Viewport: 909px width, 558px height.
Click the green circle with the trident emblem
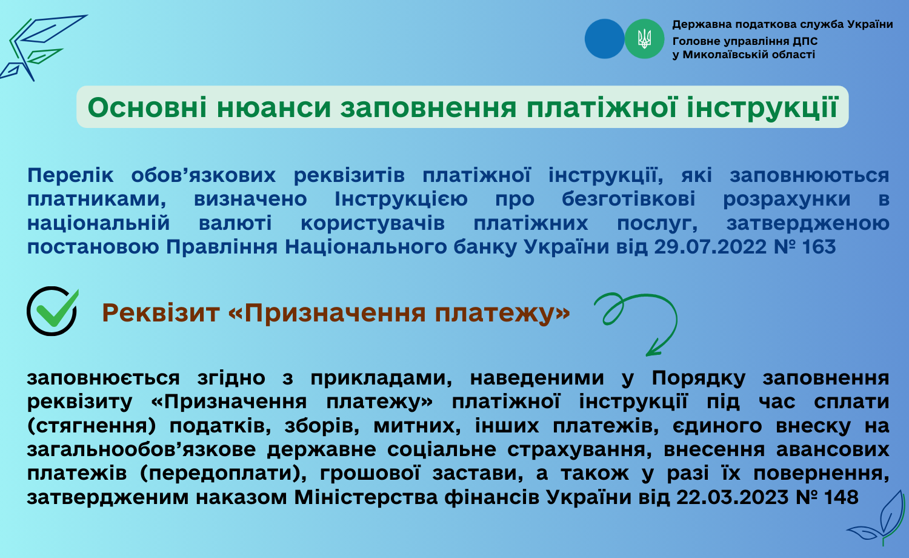[x=644, y=39]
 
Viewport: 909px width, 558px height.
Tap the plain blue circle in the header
[x=605, y=39]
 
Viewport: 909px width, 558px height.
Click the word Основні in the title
[x=147, y=107]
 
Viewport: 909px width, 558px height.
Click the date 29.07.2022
[x=710, y=247]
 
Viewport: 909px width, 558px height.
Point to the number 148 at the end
[x=841, y=497]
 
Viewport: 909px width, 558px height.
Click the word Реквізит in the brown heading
[x=161, y=313]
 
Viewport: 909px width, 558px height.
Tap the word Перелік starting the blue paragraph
[x=70, y=175]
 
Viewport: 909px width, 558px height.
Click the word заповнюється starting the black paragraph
[x=103, y=378]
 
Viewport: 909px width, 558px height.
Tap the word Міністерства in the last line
[x=365, y=497]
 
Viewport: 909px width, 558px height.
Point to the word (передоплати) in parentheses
[x=223, y=474]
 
